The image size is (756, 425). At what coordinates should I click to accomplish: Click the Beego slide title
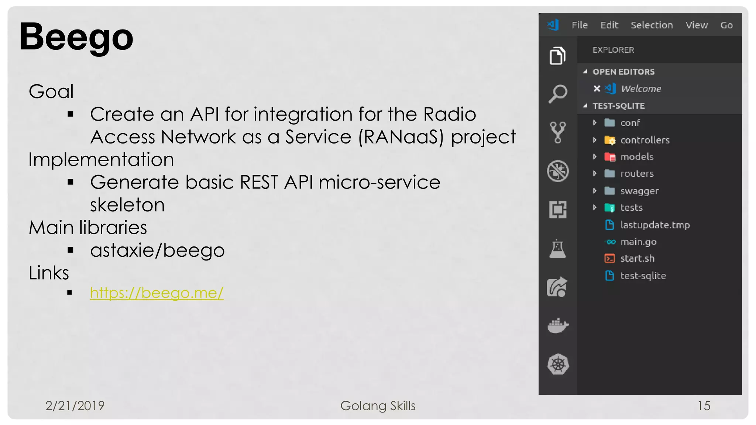point(76,37)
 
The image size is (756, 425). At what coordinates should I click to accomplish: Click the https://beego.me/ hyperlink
point(157,293)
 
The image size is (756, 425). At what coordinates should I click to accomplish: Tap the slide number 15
point(704,406)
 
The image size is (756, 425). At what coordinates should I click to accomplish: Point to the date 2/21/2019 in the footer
point(75,406)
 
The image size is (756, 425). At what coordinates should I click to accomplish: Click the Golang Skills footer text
point(378,406)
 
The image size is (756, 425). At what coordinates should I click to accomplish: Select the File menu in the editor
point(580,25)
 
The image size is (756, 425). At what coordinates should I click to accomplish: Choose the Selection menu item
point(652,25)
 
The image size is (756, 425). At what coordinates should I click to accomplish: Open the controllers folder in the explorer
point(645,140)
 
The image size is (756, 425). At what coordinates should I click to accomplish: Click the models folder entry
point(637,157)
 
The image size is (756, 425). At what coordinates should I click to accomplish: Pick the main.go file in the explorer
point(638,242)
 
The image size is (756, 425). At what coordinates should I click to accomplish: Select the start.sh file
point(637,259)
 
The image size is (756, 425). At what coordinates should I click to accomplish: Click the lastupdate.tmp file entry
point(655,225)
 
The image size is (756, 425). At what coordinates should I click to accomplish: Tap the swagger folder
point(639,191)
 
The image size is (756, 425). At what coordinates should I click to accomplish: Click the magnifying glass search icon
point(558,94)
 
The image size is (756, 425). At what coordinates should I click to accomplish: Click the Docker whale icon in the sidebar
point(558,325)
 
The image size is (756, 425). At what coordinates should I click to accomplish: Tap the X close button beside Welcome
point(597,89)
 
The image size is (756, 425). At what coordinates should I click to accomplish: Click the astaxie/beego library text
point(157,250)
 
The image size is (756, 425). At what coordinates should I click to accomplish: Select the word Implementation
point(101,160)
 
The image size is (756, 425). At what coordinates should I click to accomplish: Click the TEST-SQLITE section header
point(618,106)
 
